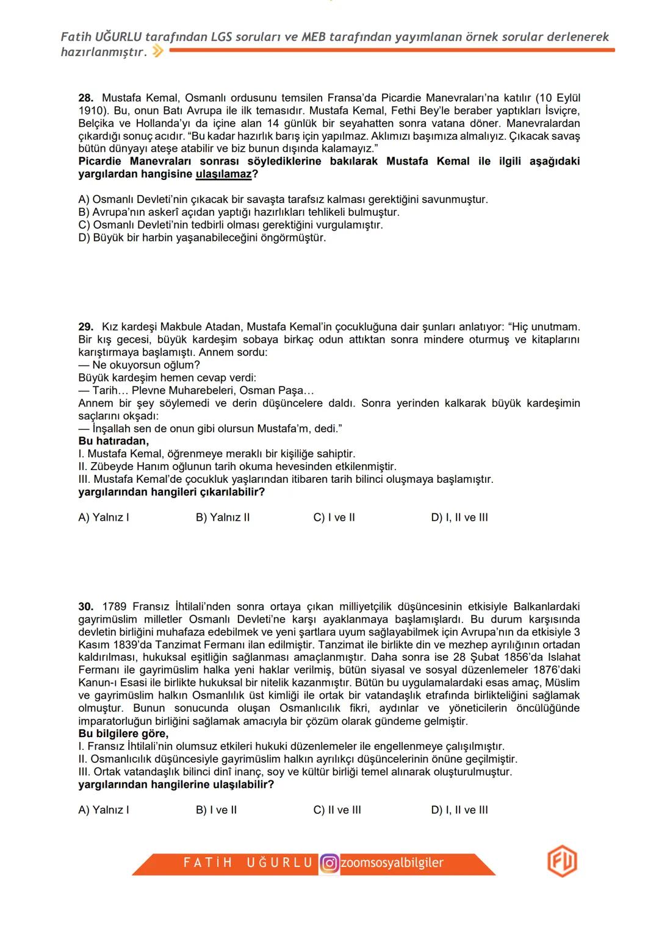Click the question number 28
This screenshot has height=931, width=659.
pyautogui.click(x=85, y=98)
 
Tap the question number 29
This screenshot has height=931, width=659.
pyautogui.click(x=85, y=327)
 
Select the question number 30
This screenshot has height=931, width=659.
pyautogui.click(x=85, y=607)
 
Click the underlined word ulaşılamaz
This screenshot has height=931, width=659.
pyautogui.click(x=223, y=174)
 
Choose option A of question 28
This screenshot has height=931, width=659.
pyautogui.click(x=283, y=200)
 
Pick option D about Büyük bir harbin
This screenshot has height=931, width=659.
pyautogui.click(x=202, y=238)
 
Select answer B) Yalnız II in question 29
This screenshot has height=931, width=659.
pyautogui.click(x=223, y=518)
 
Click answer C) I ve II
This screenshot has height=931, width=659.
pyautogui.click(x=334, y=518)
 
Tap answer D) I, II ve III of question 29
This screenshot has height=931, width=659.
pyautogui.click(x=459, y=518)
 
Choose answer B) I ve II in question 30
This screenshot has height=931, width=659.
pyautogui.click(x=216, y=810)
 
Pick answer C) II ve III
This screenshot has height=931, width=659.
pyautogui.click(x=337, y=810)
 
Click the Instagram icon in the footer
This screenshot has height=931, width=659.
pyautogui.click(x=329, y=863)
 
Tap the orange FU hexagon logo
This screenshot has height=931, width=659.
pyautogui.click(x=562, y=862)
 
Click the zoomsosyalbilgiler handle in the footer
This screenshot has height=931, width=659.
pyautogui.click(x=392, y=863)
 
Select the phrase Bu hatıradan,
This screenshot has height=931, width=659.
pyautogui.click(x=113, y=441)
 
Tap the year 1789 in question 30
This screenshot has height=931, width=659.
pyautogui.click(x=114, y=607)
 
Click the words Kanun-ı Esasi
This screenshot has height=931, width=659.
pyautogui.click(x=109, y=683)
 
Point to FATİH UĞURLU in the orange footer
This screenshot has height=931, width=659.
pyautogui.click(x=248, y=863)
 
